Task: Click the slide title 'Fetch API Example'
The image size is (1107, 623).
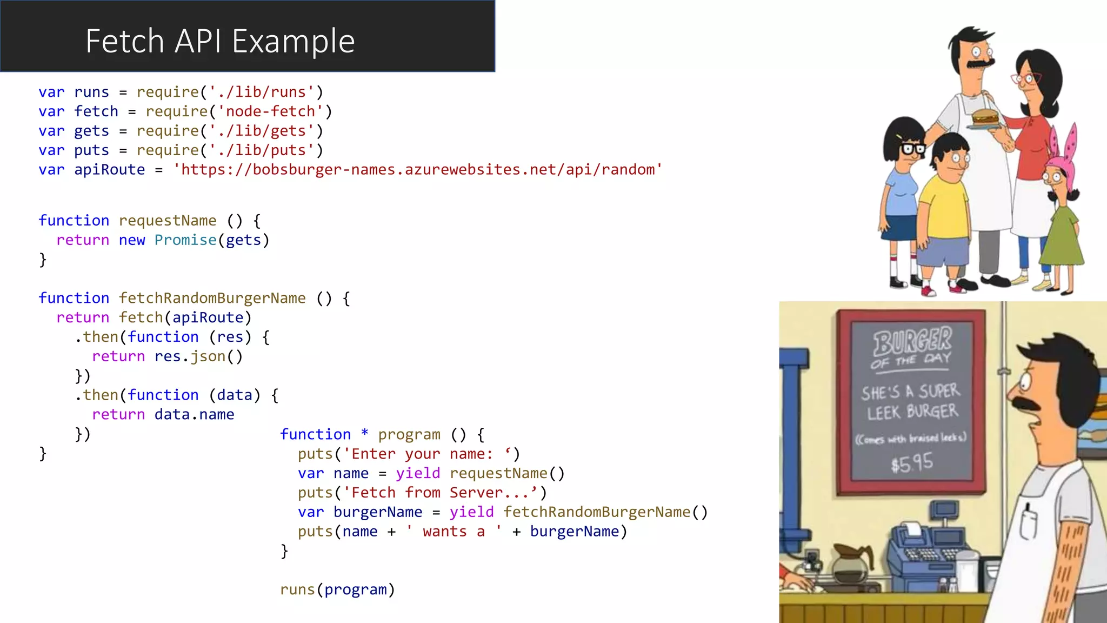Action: tap(220, 41)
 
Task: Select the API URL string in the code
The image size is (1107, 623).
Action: tap(417, 170)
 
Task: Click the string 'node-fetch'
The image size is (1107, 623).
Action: tap(270, 111)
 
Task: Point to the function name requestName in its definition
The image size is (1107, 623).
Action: tap(168, 221)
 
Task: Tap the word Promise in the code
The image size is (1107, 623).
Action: tap(185, 240)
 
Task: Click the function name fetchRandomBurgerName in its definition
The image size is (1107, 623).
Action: tap(212, 298)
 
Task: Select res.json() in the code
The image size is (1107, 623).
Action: tap(198, 356)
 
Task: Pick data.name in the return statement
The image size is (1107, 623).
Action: tap(194, 415)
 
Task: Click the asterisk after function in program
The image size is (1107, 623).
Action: tap(365, 434)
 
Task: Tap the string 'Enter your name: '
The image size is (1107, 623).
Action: tap(427, 454)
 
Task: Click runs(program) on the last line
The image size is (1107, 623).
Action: tap(337, 589)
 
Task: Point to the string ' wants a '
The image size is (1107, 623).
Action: tap(454, 532)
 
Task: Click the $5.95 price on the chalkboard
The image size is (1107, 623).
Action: tap(912, 463)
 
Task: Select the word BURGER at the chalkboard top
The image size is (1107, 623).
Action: tap(912, 341)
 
